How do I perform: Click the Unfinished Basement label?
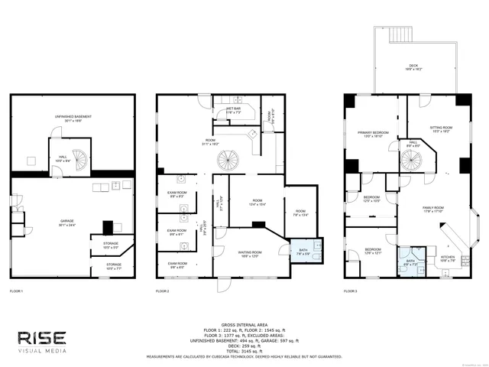(73, 117)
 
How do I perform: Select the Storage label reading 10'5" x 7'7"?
(114, 266)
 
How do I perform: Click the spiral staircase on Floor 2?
(228, 161)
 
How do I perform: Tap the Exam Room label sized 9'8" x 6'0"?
(177, 265)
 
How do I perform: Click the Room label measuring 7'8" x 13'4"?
(300, 213)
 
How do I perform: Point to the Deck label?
(413, 68)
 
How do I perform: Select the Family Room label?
(434, 209)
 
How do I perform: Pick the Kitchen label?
(447, 258)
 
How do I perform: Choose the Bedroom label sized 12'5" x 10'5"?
(372, 199)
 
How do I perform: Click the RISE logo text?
(42, 338)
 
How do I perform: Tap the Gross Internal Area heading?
(244, 325)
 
